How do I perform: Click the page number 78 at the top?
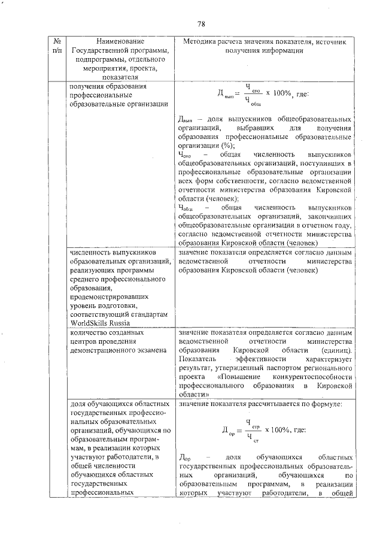201,24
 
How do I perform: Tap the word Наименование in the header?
119,41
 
